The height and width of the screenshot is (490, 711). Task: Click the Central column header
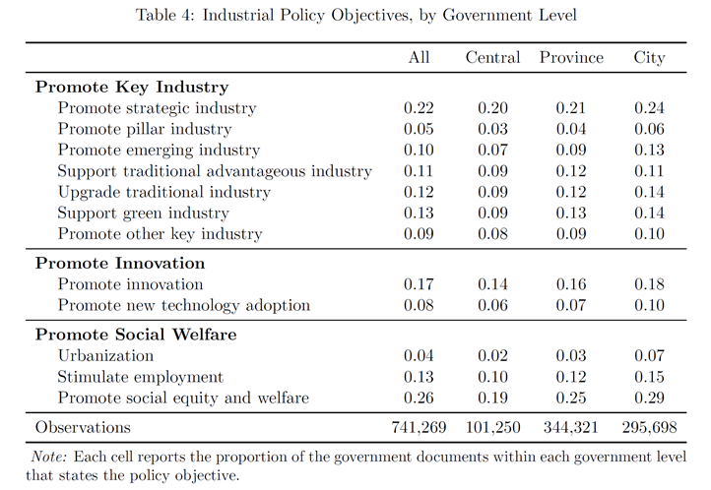(492, 57)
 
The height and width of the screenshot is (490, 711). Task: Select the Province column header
(571, 57)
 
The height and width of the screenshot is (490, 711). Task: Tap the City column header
(649, 58)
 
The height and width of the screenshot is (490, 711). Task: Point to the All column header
(419, 57)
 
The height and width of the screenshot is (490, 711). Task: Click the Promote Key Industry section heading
(132, 87)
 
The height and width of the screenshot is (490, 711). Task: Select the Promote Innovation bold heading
(120, 263)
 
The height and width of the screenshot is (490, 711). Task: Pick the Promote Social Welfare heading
(136, 335)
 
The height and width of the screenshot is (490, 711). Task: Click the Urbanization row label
(105, 355)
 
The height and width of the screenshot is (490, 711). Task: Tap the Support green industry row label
(144, 214)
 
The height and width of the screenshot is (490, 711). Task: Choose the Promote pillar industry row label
(145, 129)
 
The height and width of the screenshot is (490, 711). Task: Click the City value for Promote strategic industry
(649, 108)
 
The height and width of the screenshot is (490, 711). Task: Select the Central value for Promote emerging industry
(492, 150)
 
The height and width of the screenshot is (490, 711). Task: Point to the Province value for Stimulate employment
(571, 377)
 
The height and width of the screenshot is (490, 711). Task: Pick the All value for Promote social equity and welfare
(419, 398)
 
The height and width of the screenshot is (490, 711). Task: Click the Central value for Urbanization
(492, 355)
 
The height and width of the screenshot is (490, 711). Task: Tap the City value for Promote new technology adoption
(649, 305)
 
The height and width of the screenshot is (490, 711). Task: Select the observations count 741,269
(419, 427)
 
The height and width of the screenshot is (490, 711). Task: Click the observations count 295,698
(649, 427)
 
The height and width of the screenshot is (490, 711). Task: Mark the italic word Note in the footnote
(48, 457)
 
